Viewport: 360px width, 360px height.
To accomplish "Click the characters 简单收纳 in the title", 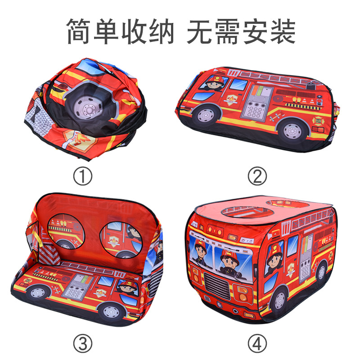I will (120, 31).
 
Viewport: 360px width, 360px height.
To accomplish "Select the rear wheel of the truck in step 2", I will (293, 129).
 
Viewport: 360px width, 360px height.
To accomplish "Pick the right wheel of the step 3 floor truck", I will (111, 310).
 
